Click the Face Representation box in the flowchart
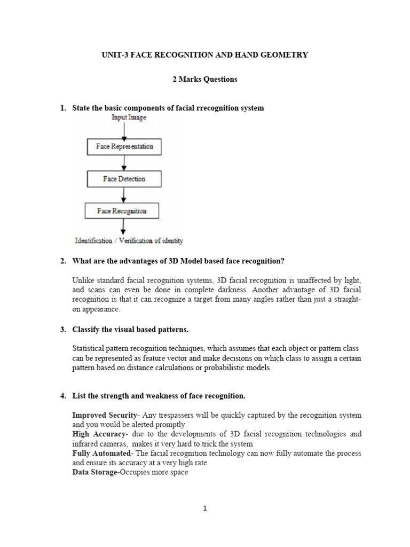coord(124,146)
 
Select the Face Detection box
coord(124,179)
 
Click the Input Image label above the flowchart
coord(129,116)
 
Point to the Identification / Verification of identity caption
coord(129,240)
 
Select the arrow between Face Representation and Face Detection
coord(124,162)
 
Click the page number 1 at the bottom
coord(204,509)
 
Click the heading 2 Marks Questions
coord(204,80)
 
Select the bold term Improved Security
coord(103,415)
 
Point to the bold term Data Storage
coord(94,473)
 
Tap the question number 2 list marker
coord(62,261)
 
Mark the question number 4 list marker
coord(62,396)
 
